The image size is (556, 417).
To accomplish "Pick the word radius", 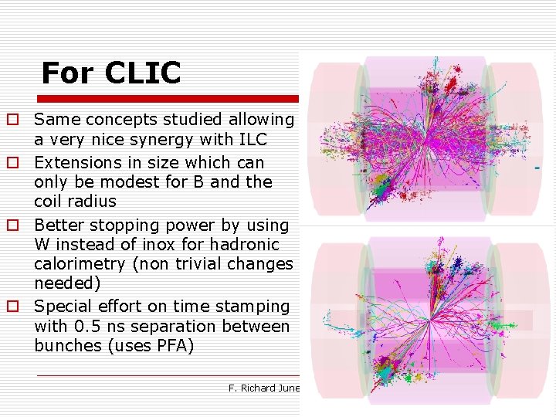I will [x=90, y=202].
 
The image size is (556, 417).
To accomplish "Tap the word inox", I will [x=135, y=245].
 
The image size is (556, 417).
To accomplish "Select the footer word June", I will [x=291, y=388].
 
